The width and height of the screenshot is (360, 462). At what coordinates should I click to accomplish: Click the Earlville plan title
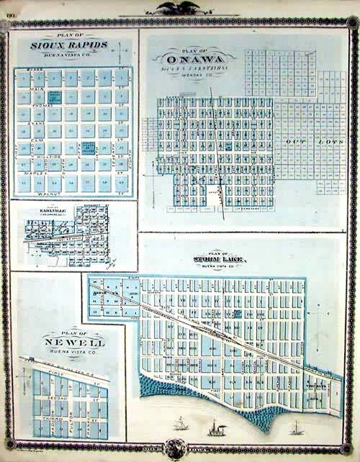tap(48, 210)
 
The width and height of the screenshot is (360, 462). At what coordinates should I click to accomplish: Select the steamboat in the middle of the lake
tap(215, 429)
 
